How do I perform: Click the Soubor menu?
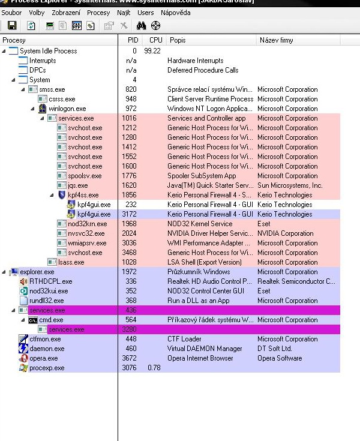click(12, 12)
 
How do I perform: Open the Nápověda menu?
click(176, 12)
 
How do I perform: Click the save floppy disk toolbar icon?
click(12, 25)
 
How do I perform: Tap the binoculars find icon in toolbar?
click(142, 25)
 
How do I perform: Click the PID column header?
click(133, 40)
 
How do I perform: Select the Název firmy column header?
click(276, 40)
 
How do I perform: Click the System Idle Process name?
click(48, 51)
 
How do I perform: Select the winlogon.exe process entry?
click(67, 109)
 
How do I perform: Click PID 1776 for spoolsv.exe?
click(131, 176)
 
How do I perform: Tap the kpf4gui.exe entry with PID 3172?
click(94, 214)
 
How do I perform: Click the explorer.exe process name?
click(37, 272)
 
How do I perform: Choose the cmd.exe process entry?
click(51, 320)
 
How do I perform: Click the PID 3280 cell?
click(131, 329)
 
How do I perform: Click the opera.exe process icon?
click(23, 358)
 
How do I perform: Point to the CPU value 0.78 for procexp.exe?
click(154, 368)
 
